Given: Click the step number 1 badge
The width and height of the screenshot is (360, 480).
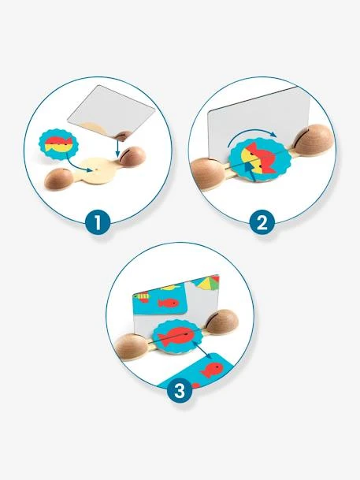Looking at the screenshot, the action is click(x=98, y=222).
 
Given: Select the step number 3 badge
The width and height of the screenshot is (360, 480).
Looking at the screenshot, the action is click(x=180, y=390).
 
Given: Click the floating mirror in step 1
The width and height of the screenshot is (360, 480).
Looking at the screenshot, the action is click(x=111, y=113).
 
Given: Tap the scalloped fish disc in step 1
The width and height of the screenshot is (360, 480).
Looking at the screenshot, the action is click(x=58, y=144).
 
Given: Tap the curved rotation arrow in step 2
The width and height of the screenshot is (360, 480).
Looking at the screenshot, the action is click(x=251, y=134).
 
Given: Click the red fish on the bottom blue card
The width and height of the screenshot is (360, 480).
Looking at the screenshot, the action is click(x=212, y=370).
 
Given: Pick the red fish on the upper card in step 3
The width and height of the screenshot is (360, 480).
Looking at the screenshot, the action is click(x=168, y=303).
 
